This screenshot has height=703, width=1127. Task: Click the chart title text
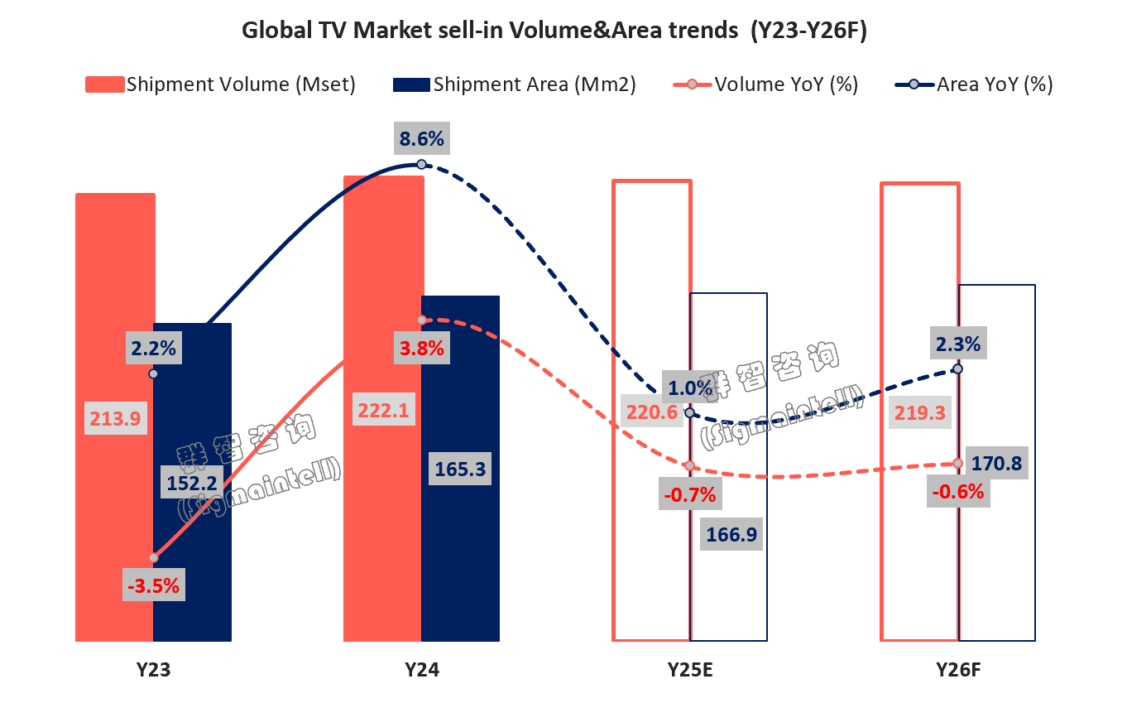tap(554, 31)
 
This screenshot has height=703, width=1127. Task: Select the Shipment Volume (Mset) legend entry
tap(221, 84)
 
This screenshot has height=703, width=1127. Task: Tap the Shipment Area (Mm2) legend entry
tap(514, 84)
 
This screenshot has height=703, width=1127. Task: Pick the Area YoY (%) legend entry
tap(974, 84)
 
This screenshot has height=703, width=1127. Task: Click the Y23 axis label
tap(153, 670)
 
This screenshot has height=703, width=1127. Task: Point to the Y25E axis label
tap(691, 670)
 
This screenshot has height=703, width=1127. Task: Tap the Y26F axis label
tap(958, 670)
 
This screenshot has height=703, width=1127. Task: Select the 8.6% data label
tap(421, 139)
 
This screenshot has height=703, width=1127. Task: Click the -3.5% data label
tap(153, 585)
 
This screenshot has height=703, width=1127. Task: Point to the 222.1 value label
tap(384, 410)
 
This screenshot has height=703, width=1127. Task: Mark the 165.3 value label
tap(460, 469)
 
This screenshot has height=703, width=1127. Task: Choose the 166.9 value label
tap(731, 534)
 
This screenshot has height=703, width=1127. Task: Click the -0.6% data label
tap(958, 492)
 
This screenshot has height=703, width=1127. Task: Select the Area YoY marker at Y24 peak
tap(421, 164)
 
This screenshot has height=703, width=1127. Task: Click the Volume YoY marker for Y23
tap(153, 558)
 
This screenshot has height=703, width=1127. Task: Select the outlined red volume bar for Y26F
tap(920, 290)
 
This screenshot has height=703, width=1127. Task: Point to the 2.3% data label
tap(958, 344)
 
